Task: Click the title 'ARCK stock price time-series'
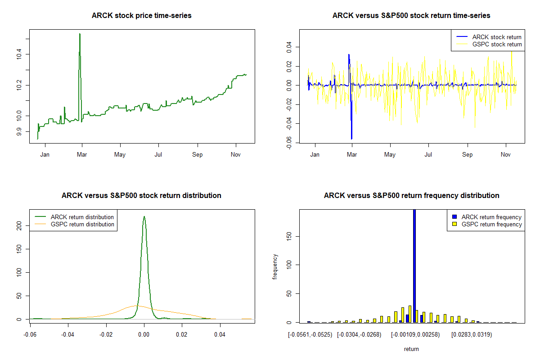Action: click(x=141, y=16)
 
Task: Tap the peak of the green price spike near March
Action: click(x=80, y=34)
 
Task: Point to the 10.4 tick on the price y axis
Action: click(x=18, y=54)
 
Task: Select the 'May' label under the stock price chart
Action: click(x=120, y=155)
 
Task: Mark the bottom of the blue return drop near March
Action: click(x=351, y=138)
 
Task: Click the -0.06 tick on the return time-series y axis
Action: click(x=288, y=143)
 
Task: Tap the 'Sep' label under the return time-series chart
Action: click(x=468, y=155)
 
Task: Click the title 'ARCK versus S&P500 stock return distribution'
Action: click(x=141, y=196)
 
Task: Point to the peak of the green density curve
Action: click(x=144, y=216)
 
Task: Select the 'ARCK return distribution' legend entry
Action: click(x=82, y=217)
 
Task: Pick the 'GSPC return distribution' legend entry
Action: click(x=82, y=224)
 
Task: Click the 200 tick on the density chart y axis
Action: click(x=18, y=225)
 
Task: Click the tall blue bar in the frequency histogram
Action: click(x=414, y=265)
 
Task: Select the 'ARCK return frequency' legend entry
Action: click(x=491, y=217)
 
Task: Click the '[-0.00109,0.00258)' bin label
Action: click(x=415, y=335)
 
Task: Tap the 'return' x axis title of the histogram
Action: click(x=411, y=349)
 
